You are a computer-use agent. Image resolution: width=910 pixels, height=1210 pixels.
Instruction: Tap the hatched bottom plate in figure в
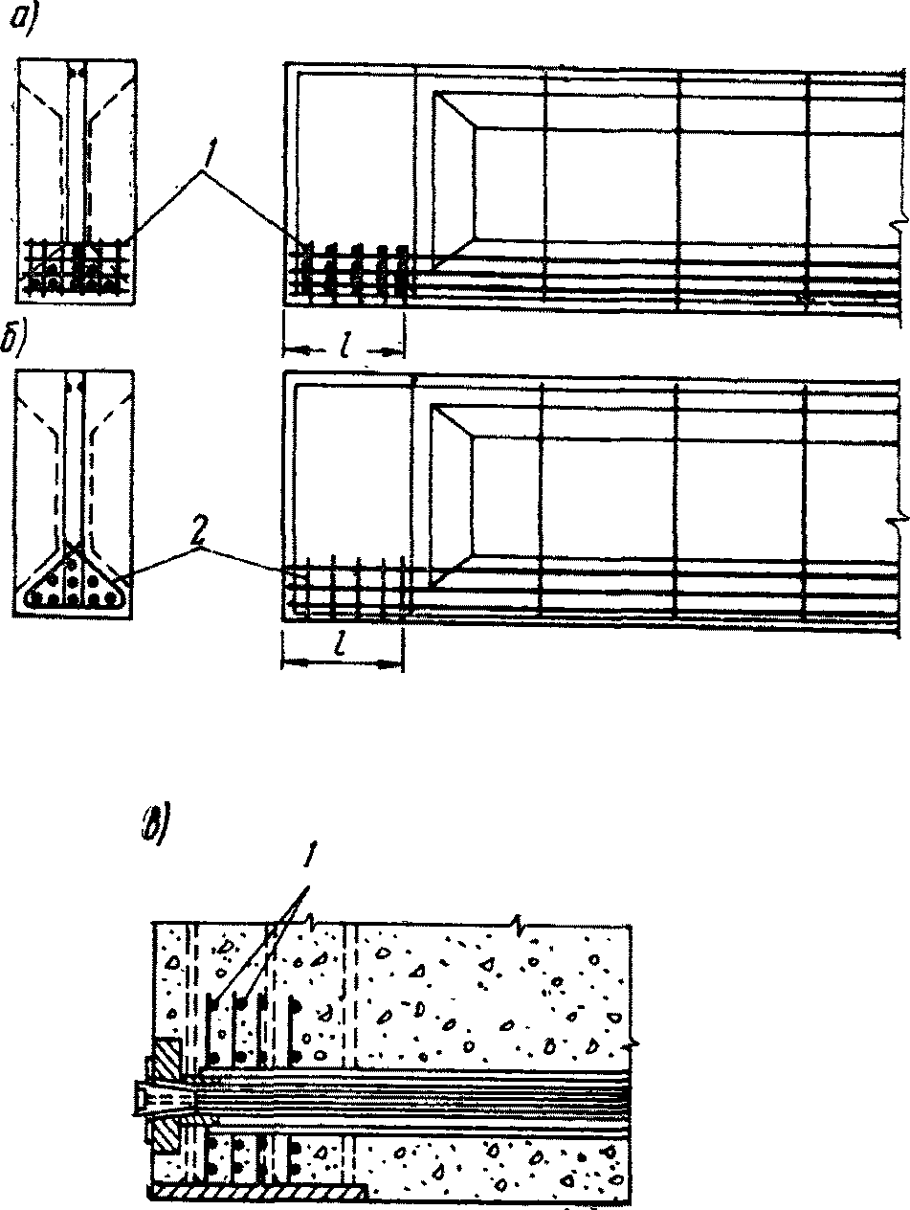point(258,1190)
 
